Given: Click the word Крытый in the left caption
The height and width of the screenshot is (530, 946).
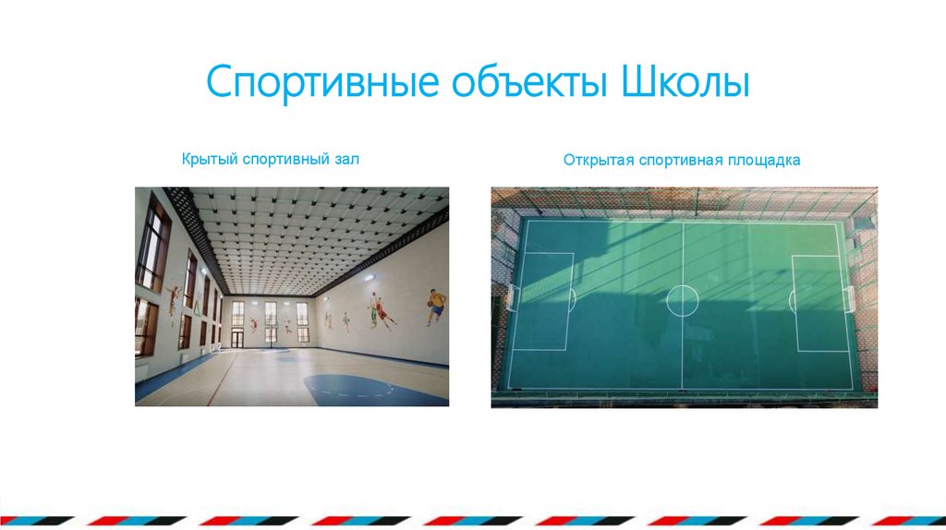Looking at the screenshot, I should (210, 160).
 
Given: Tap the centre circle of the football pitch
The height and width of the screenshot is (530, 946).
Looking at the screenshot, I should (683, 300).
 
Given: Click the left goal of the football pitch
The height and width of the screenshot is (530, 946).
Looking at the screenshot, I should (511, 299).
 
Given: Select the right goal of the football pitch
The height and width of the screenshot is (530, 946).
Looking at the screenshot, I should (850, 298).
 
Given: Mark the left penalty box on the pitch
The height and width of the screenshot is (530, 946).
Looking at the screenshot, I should (545, 300).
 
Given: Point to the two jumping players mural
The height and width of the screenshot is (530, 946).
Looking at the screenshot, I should (380, 311).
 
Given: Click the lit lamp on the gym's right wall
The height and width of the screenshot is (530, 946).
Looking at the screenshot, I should (369, 277).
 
